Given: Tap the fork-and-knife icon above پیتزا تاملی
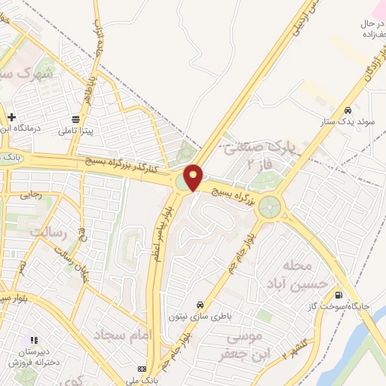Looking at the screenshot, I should click(75, 119).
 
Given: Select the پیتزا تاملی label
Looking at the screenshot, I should click(76, 130).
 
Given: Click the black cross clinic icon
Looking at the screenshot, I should click(11, 117).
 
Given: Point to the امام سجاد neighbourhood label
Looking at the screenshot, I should click(125, 334).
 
